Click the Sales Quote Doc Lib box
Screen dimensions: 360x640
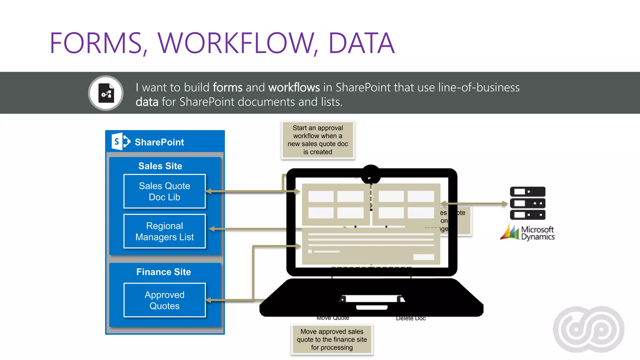tap(164, 191)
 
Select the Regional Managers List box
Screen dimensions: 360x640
tap(164, 231)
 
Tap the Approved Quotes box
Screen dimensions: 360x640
tap(164, 300)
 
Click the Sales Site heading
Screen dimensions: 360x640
tap(160, 166)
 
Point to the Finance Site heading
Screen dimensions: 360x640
tap(163, 272)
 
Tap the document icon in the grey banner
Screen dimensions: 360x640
tap(106, 93)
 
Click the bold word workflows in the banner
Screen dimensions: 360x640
tap(294, 87)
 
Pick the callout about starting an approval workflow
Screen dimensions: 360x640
tap(318, 140)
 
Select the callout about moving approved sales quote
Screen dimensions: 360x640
tap(332, 339)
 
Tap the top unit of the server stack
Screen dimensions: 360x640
tap(527, 192)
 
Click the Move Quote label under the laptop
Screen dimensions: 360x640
tap(332, 318)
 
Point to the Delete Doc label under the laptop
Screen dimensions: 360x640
tap(411, 318)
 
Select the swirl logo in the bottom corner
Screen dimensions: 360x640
tap(588, 329)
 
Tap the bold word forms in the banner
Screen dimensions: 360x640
tap(227, 87)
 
